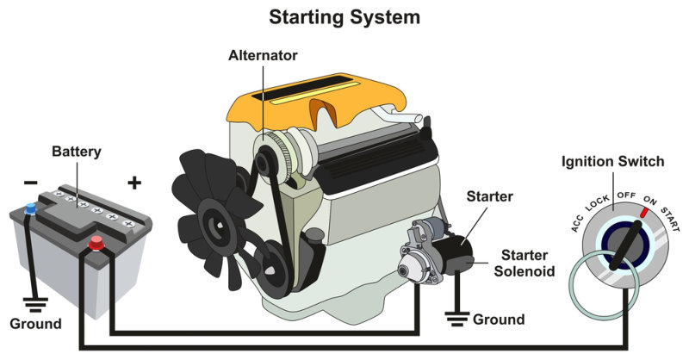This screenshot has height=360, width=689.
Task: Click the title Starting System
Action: pos(344,16)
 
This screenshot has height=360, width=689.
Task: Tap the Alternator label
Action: pos(263,55)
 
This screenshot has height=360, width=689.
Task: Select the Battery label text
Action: pos(77,152)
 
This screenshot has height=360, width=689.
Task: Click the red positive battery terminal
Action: pos(96,244)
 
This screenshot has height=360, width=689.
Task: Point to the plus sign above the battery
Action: pos(133,182)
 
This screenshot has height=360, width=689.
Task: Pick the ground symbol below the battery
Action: pos(34,304)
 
